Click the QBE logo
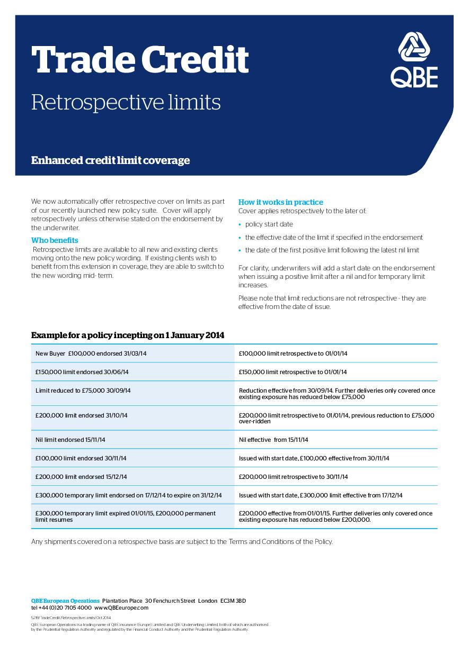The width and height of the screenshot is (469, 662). point(414,59)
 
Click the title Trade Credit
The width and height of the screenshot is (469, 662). point(140,59)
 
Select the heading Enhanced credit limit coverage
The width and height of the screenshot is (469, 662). point(110,160)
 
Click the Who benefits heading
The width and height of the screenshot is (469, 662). point(55,241)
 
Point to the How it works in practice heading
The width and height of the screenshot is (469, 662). point(280,202)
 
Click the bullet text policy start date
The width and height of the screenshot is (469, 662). point(269,224)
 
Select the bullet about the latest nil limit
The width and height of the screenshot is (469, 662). point(332,250)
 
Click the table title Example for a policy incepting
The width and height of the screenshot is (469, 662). point(128,335)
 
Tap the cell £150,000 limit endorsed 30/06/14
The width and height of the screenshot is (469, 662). point(82,372)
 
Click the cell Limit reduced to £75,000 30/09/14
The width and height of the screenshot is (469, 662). point(83,391)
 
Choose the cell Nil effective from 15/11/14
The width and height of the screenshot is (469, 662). point(273,440)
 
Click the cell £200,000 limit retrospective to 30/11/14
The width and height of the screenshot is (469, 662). point(293,477)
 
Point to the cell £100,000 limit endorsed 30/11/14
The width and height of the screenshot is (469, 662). point(81,458)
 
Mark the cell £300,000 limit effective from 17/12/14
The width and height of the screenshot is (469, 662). point(321,495)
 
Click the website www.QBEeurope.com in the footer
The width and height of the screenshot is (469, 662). point(121,608)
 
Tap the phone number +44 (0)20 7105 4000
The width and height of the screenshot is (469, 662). point(65,608)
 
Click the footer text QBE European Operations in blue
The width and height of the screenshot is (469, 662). point(65,601)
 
